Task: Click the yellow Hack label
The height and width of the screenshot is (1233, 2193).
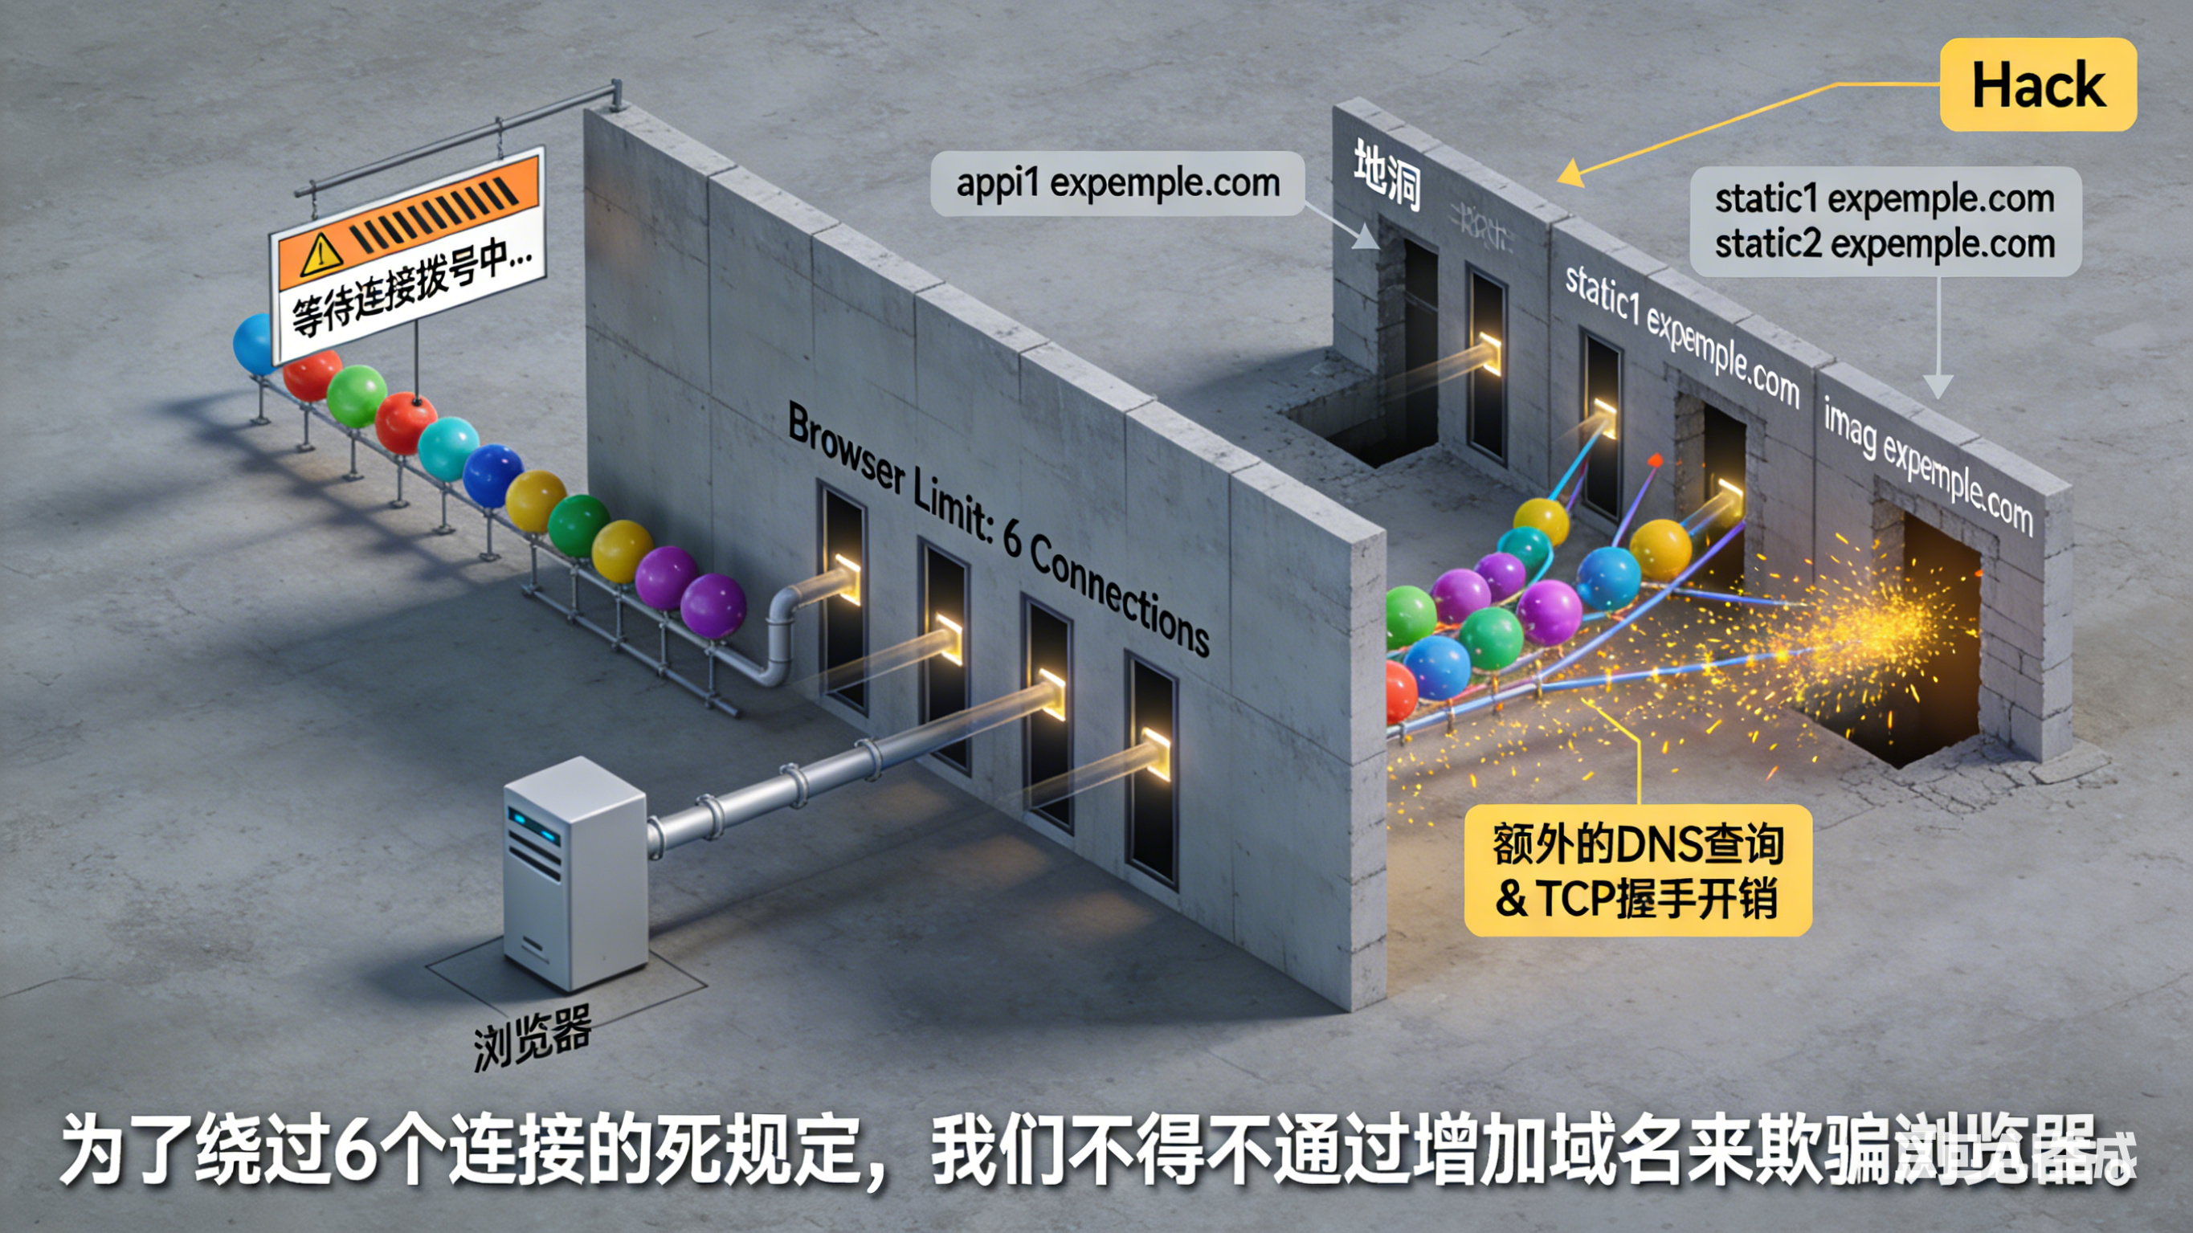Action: [2038, 85]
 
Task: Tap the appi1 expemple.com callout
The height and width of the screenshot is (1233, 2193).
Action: [1117, 183]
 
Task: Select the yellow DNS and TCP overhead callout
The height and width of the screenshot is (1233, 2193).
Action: [1637, 870]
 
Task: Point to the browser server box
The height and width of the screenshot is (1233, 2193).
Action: [574, 873]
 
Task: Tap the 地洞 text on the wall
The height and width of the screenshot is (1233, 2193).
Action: [1386, 174]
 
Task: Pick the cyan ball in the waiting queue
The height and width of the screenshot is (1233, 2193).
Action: [447, 449]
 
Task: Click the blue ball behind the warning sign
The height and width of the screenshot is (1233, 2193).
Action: [253, 343]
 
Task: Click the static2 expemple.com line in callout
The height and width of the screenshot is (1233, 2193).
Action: [1885, 244]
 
